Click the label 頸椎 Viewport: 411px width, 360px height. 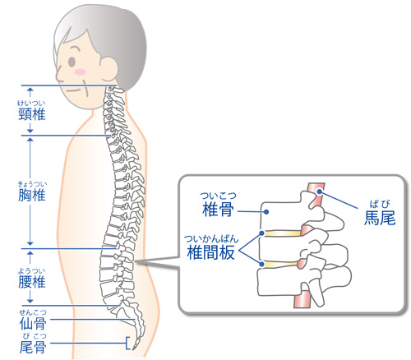32,114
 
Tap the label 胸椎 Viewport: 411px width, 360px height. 32,196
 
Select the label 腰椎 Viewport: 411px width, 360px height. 32,282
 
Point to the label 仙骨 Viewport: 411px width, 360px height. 33,324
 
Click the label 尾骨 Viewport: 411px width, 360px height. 33,347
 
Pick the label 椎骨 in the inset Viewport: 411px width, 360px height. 218,210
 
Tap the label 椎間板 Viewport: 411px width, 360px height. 210,252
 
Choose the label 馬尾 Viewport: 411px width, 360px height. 380,218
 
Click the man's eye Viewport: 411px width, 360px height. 72,62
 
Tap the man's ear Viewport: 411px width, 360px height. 109,69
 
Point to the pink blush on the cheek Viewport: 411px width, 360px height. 80,72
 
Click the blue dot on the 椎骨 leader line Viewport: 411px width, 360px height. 266,212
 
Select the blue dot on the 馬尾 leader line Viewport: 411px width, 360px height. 320,192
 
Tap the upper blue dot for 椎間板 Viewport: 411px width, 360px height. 261,233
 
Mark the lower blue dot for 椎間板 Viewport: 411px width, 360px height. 262,264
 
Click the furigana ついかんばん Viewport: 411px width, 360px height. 211,239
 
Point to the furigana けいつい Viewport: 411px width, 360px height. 31,103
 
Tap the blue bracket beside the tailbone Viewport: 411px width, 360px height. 127,343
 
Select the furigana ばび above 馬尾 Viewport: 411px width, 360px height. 380,204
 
